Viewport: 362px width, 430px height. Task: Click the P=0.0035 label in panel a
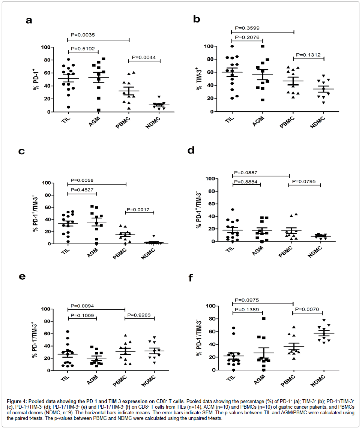[x=83, y=35]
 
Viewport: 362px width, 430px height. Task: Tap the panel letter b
[x=196, y=19]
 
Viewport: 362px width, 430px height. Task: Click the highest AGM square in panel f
[x=264, y=318]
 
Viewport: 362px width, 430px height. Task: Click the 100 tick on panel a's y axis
[x=46, y=47]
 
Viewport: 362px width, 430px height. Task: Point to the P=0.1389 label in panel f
[x=247, y=309]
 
